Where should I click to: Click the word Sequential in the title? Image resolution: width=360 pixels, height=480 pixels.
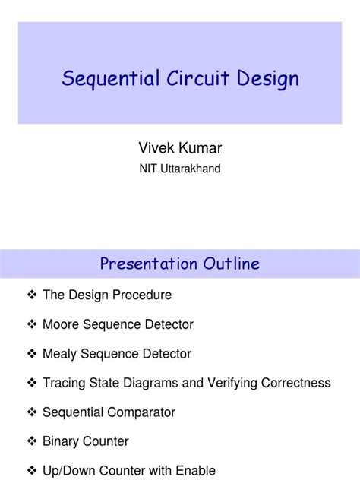click(x=101, y=79)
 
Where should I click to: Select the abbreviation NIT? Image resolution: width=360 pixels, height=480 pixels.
click(x=147, y=169)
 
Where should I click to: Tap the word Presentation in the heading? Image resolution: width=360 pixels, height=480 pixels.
click(x=148, y=264)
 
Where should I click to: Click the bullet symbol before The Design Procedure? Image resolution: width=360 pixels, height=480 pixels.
click(x=32, y=295)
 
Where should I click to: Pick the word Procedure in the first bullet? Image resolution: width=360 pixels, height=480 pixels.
click(x=142, y=295)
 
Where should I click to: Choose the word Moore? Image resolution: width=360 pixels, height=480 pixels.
click(x=61, y=324)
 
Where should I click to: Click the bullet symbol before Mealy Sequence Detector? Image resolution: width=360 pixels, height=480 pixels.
click(x=32, y=354)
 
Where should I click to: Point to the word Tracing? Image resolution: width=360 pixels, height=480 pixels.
click(x=63, y=383)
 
